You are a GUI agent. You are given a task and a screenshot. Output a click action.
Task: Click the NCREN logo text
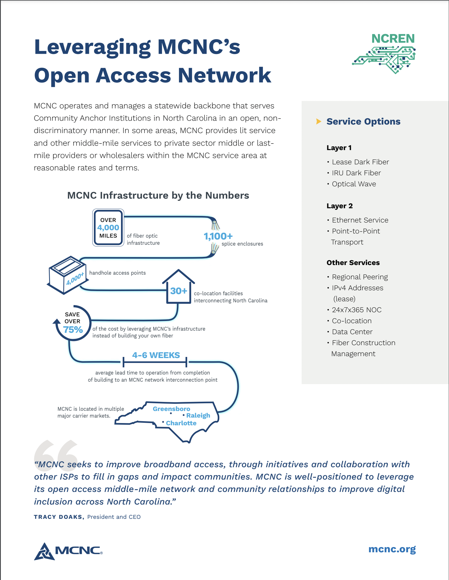(393, 39)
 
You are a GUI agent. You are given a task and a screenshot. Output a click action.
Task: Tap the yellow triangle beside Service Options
(319, 121)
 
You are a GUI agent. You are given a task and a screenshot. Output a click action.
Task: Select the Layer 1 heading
(339, 148)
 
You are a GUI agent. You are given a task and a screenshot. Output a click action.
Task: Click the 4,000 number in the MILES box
(108, 228)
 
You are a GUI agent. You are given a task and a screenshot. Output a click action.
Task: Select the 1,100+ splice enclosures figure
(218, 236)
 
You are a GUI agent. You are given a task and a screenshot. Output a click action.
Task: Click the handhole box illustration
(68, 275)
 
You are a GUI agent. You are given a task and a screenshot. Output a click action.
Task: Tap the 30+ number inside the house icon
(179, 291)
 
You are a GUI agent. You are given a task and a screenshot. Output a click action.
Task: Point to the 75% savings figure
(73, 330)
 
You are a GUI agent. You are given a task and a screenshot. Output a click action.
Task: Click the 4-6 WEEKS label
(156, 355)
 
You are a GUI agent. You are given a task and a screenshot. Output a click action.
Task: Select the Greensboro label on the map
(171, 409)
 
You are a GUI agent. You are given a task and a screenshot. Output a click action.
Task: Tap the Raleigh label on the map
(198, 416)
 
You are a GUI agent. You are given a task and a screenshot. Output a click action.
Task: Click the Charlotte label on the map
(181, 423)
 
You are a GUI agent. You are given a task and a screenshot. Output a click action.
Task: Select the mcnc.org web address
(392, 549)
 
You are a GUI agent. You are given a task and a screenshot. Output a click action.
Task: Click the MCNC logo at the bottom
(68, 551)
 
